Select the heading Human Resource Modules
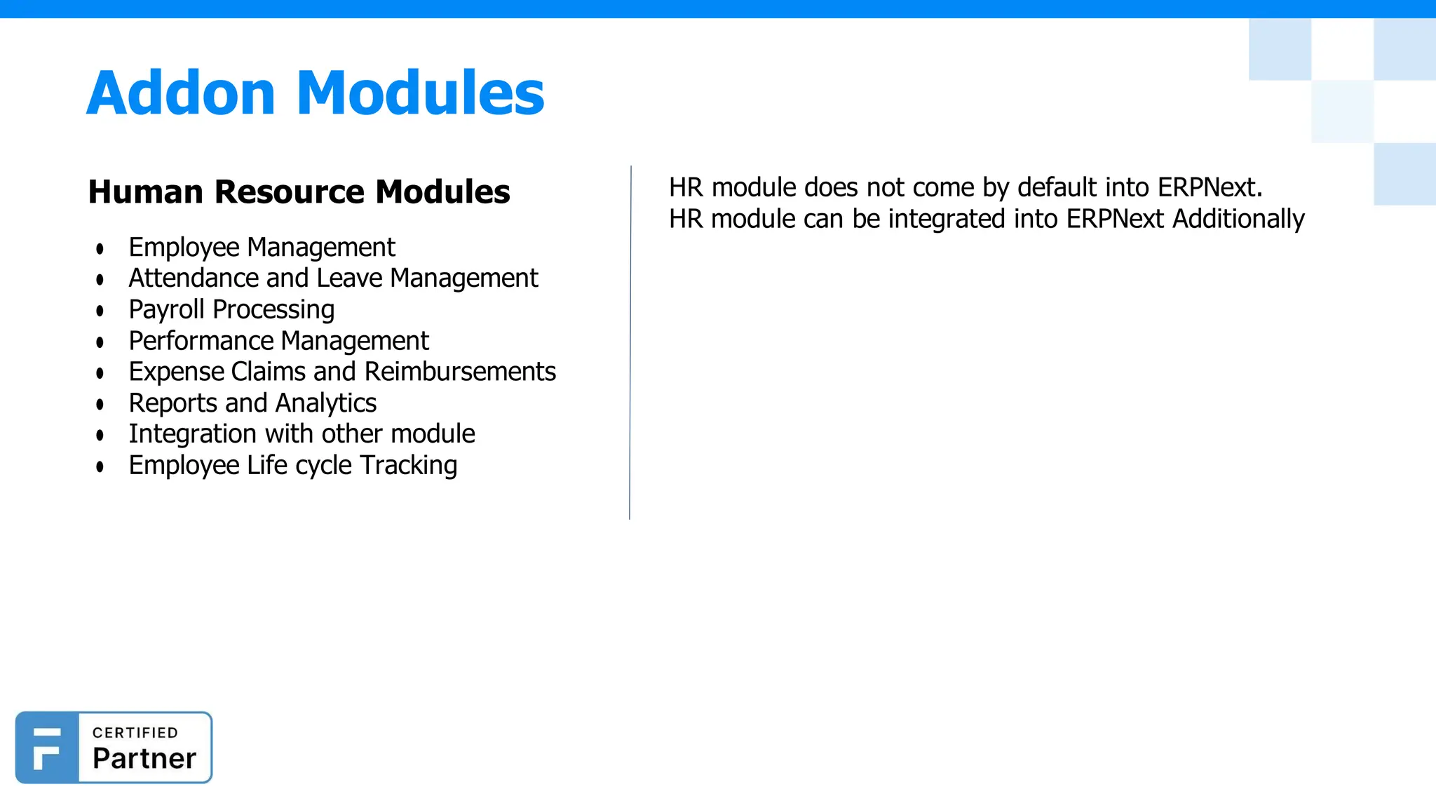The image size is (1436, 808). [299, 191]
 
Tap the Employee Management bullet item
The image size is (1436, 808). [262, 248]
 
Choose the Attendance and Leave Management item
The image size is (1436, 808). [333, 278]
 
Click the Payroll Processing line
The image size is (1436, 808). [231, 309]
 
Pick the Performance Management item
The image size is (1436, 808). [278, 341]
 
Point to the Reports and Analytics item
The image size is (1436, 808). [252, 403]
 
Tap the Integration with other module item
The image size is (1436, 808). [302, 434]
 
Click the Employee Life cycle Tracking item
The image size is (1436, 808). [292, 465]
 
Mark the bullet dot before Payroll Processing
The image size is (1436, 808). [100, 311]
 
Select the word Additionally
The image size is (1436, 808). [1238, 219]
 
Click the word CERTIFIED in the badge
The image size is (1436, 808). [135, 733]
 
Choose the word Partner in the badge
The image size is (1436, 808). [144, 759]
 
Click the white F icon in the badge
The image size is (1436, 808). [46, 748]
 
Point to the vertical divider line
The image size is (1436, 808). [630, 344]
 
